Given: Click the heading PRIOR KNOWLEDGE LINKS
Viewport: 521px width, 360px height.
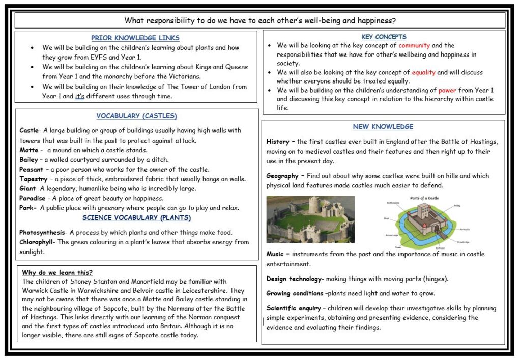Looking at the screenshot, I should coord(135,38).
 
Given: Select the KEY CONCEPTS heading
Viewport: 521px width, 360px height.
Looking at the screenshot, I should coord(384,37).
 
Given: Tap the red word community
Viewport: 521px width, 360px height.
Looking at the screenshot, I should coord(414,46).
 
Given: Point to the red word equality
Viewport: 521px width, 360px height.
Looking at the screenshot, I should coord(423,72).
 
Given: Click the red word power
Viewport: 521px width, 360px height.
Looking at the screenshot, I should coord(447,90).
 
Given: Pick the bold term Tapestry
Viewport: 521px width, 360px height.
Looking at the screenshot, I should coord(34,179).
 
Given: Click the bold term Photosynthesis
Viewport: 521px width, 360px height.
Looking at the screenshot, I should coord(42,233).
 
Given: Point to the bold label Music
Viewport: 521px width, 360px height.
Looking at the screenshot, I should coord(277,254).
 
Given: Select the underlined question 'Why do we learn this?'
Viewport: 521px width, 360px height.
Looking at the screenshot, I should coord(57,272).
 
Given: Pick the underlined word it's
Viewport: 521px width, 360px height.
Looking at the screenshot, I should coord(79,96).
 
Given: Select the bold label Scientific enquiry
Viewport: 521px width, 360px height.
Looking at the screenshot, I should coord(294,308).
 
